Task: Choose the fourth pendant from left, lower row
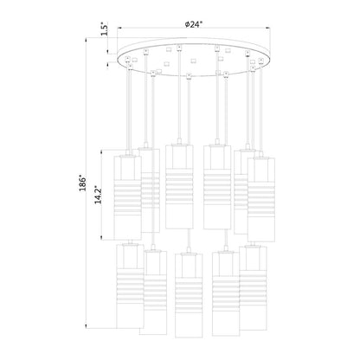click(225, 294)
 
